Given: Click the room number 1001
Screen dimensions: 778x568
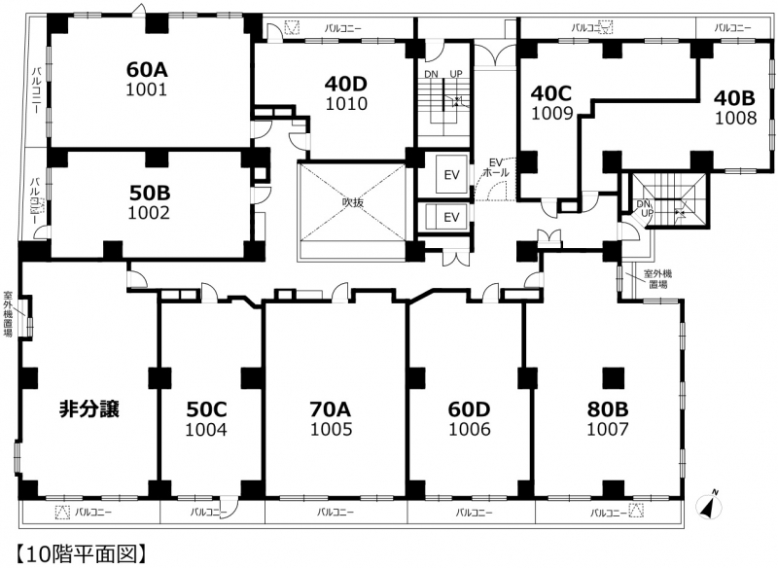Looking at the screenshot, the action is pos(147,89).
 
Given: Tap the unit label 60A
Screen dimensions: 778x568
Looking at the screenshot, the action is pos(147,70).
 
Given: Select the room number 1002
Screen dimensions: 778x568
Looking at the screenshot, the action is pos(149,212).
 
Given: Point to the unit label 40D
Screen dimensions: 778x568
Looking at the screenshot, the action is pos(346,85).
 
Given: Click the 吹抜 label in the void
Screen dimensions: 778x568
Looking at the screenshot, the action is pos(353,202).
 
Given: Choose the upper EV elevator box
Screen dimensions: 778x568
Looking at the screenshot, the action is pos(451,175).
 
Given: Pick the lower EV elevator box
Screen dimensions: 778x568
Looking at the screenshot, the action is pos(451,217).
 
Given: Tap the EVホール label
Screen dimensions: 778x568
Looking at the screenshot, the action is pos(496,167).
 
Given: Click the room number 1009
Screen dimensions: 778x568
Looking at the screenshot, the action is pos(552,113).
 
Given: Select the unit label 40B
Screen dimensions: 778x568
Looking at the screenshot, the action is pos(734,98).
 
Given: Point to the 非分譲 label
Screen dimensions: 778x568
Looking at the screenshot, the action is pos(89,409).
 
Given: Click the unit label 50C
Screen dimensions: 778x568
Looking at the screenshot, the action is pos(206,409).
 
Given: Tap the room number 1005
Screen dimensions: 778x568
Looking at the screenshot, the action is pos(332,429).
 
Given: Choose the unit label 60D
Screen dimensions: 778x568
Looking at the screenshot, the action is pos(469,409).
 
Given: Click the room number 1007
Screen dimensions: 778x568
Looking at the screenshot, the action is pos(608,429).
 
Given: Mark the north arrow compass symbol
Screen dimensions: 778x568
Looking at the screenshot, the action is pos(710,506).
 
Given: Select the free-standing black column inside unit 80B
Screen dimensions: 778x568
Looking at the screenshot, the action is pos(614,378).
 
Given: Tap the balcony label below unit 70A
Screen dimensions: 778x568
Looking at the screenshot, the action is pos(336,512).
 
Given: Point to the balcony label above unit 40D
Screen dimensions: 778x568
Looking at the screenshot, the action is pos(343,28).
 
